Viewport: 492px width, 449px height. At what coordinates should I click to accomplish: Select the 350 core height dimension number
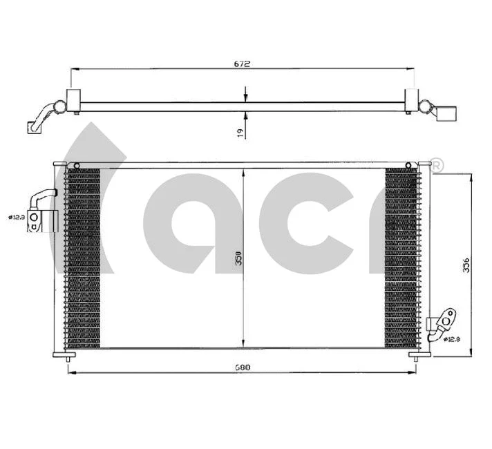click(239, 258)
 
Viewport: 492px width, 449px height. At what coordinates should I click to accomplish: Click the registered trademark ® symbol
click(437, 165)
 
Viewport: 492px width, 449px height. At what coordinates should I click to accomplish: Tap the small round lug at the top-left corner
click(77, 164)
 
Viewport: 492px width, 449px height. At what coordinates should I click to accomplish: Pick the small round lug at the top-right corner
click(408, 164)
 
